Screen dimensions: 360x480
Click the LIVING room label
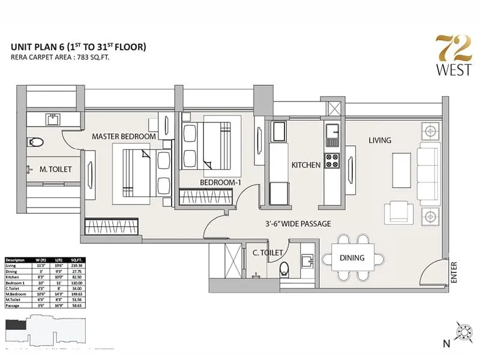point(380,140)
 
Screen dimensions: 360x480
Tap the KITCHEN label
point(306,164)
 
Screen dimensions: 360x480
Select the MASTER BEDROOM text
point(124,137)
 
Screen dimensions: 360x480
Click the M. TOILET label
point(56,170)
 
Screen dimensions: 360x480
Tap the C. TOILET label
point(268,253)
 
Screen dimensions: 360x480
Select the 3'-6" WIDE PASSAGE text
point(299,224)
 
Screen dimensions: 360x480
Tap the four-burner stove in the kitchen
point(332,161)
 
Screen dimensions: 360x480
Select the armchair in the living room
point(398,212)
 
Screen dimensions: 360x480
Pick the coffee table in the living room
point(401,164)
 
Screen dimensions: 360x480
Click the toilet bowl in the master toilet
point(36,142)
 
